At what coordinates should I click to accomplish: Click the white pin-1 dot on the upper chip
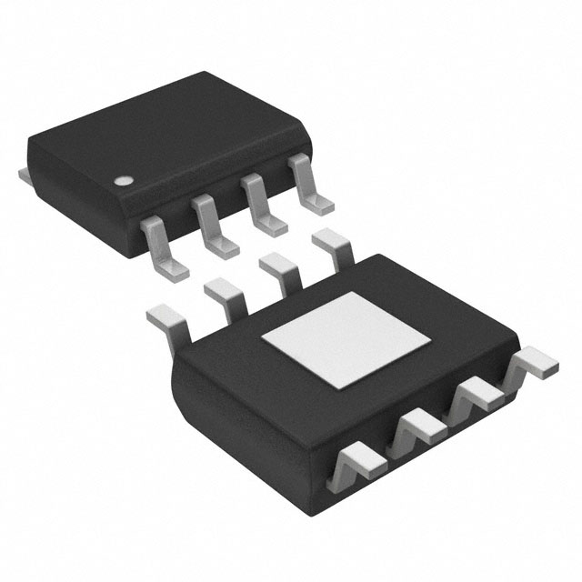tap(122, 180)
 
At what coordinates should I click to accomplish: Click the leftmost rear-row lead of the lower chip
tap(166, 320)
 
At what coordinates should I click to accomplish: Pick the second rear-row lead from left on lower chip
tap(225, 295)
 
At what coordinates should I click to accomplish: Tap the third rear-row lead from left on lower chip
tap(278, 271)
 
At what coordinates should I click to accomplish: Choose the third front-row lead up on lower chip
tap(476, 395)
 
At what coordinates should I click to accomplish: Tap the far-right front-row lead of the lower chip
tap(532, 365)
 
